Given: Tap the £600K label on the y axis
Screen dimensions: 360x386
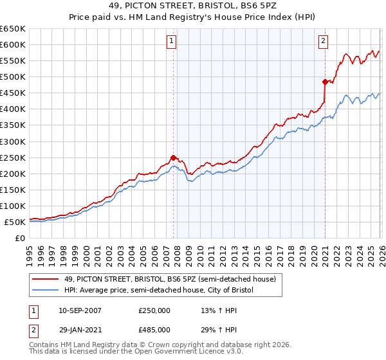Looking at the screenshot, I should tap(13, 45).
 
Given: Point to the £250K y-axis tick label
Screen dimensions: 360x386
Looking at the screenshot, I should tap(13, 157).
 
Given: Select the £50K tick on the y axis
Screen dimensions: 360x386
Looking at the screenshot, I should tap(15, 222).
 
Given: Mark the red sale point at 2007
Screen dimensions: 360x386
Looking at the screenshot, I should tap(173, 157).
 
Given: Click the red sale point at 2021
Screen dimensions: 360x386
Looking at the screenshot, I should tap(325, 82).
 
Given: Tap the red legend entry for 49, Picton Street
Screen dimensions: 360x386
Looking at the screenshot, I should tap(170, 279).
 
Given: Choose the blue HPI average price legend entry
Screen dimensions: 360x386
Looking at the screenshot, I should tap(159, 291).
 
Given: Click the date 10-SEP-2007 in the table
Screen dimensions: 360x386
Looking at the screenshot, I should tap(80, 310).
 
